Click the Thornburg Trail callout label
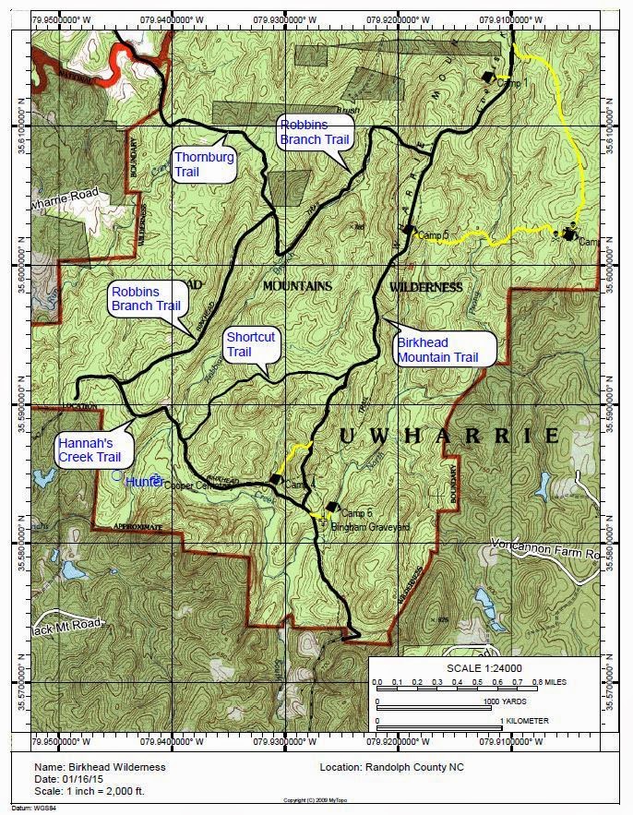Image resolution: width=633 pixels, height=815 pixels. tap(204, 164)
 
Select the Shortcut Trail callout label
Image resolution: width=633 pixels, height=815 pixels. tap(251, 344)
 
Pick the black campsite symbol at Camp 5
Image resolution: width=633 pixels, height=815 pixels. tap(408, 230)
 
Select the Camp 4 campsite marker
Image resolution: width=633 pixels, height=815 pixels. tap(275, 478)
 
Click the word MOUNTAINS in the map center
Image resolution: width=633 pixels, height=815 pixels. tap(297, 287)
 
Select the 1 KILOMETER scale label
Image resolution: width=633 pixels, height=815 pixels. tap(524, 720)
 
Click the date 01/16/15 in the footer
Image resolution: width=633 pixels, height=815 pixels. tap(89, 779)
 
